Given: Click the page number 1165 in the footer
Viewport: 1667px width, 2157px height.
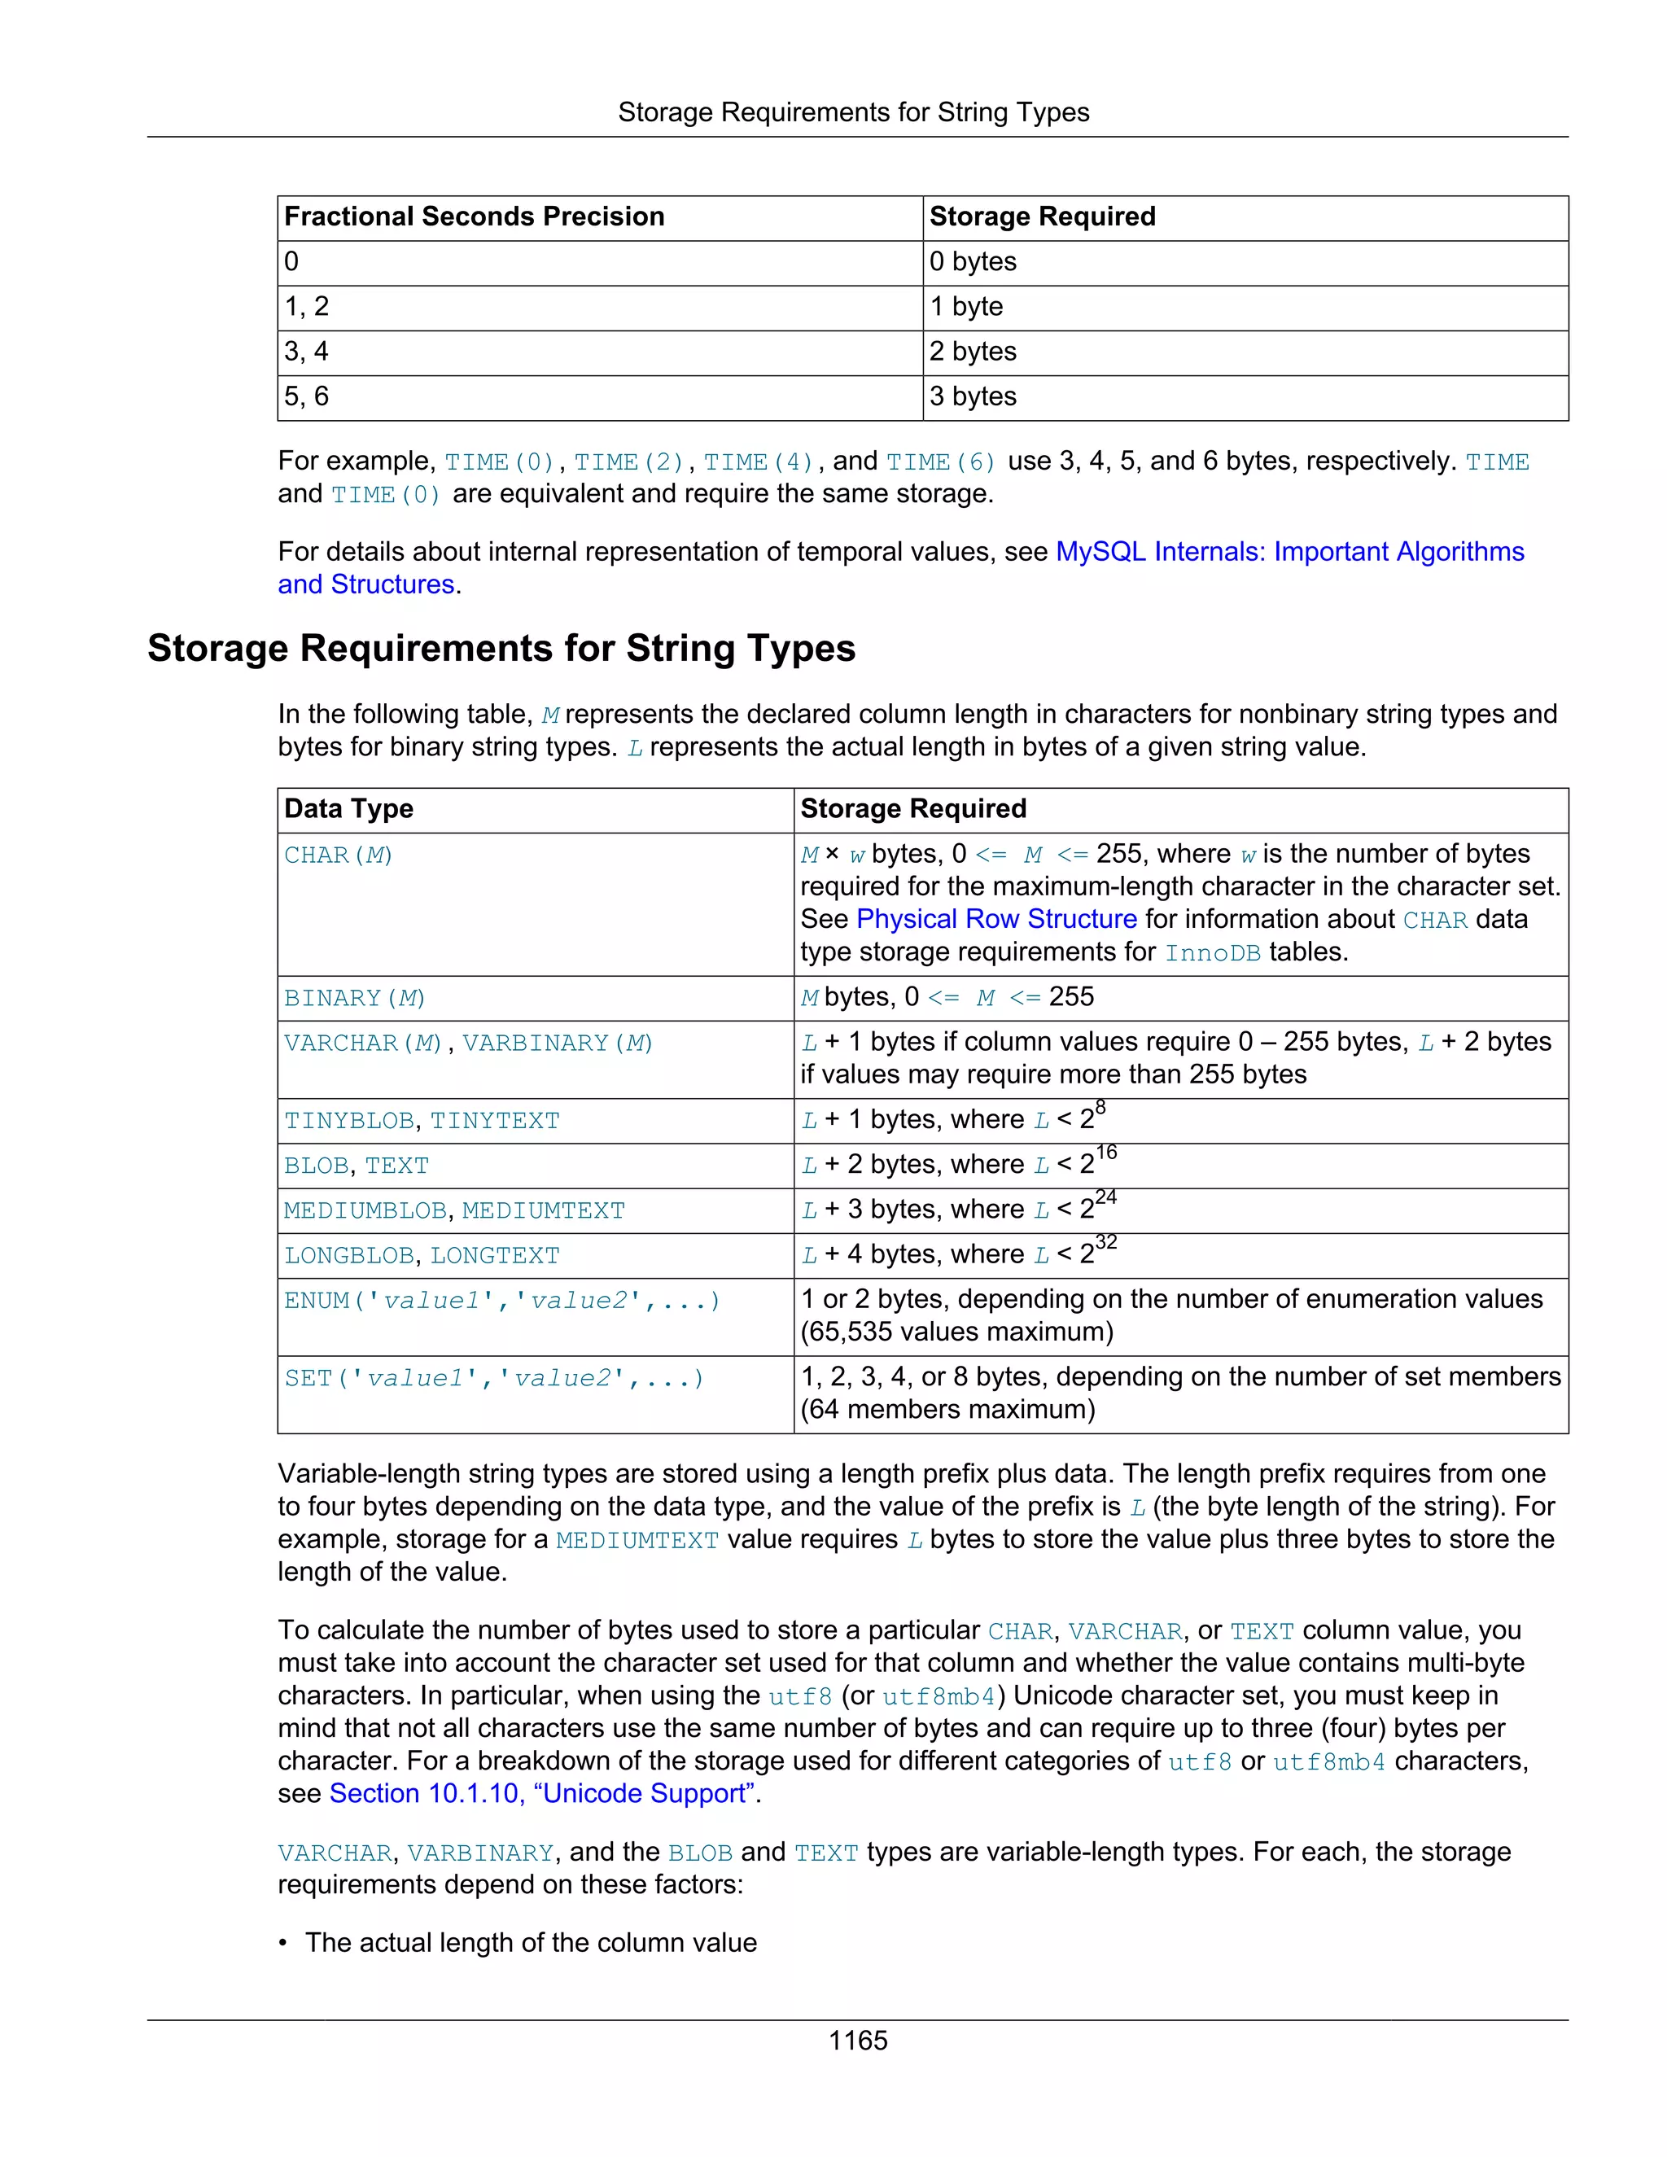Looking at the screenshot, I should click(x=857, y=2040).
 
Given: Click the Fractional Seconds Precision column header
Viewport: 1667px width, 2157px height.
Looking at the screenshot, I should click(x=474, y=217).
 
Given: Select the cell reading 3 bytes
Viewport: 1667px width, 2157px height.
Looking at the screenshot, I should click(x=973, y=396).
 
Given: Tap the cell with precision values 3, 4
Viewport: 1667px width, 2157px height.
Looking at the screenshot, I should click(x=306, y=352).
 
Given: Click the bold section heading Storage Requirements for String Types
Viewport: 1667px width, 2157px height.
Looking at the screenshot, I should click(x=501, y=648).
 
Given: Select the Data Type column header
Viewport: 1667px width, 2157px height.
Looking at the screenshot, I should click(x=348, y=809).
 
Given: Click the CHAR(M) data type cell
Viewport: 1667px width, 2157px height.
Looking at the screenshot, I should click(x=339, y=855).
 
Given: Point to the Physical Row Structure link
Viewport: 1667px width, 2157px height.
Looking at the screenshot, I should click(x=995, y=918).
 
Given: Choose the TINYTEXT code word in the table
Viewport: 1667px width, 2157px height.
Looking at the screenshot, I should click(x=494, y=1121).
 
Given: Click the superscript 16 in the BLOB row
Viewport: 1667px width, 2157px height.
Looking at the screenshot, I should click(x=1106, y=1153).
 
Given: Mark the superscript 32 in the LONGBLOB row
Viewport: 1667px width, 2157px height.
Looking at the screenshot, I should click(x=1106, y=1242).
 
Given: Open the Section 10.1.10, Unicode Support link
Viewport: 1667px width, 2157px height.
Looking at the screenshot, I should click(x=543, y=1793).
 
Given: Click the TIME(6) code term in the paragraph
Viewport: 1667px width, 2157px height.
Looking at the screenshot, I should click(x=940, y=462).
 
